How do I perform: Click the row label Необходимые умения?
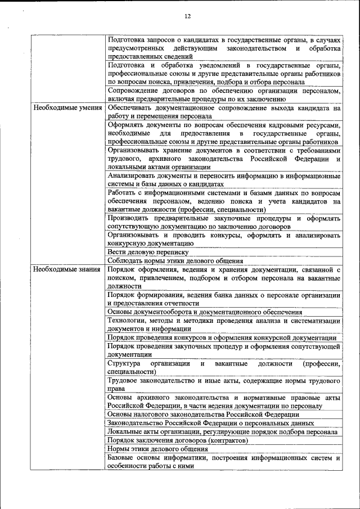coord(67,107)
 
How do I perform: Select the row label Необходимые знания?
coord(67,270)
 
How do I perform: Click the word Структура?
coord(124,364)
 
